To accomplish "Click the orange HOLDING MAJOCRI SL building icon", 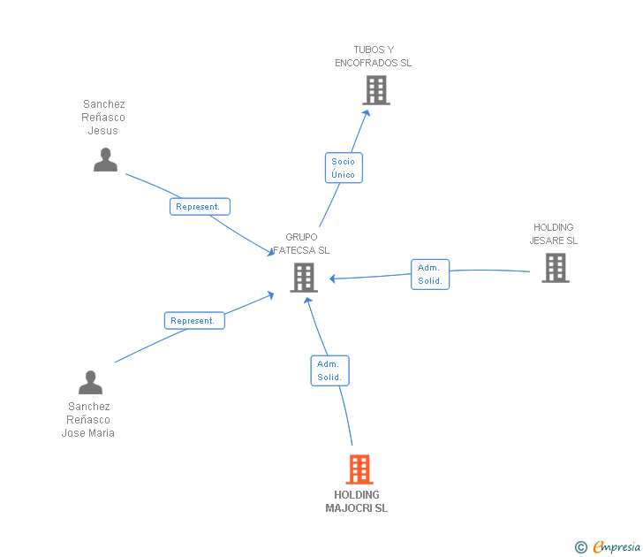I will click(359, 469).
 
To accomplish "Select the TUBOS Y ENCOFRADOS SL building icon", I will click(376, 90).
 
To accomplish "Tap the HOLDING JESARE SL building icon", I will click(555, 268).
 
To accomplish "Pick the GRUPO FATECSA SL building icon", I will click(303, 278).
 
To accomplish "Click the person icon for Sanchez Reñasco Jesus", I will click(105, 160).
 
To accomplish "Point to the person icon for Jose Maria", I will click(90, 383).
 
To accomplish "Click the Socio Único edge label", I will click(344, 168).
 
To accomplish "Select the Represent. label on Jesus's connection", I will click(200, 207).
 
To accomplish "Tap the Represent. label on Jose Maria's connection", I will click(194, 321).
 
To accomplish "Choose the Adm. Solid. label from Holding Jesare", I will click(430, 274).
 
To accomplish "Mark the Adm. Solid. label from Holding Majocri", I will click(329, 370).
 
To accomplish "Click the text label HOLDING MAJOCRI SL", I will click(357, 501).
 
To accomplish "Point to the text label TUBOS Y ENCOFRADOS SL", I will click(374, 57).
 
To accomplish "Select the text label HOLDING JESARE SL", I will click(554, 234).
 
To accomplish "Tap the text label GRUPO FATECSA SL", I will click(301, 244).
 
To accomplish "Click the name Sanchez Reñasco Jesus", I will click(103, 118).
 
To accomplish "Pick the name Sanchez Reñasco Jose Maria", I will click(88, 420).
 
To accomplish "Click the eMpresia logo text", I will click(617, 547).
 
